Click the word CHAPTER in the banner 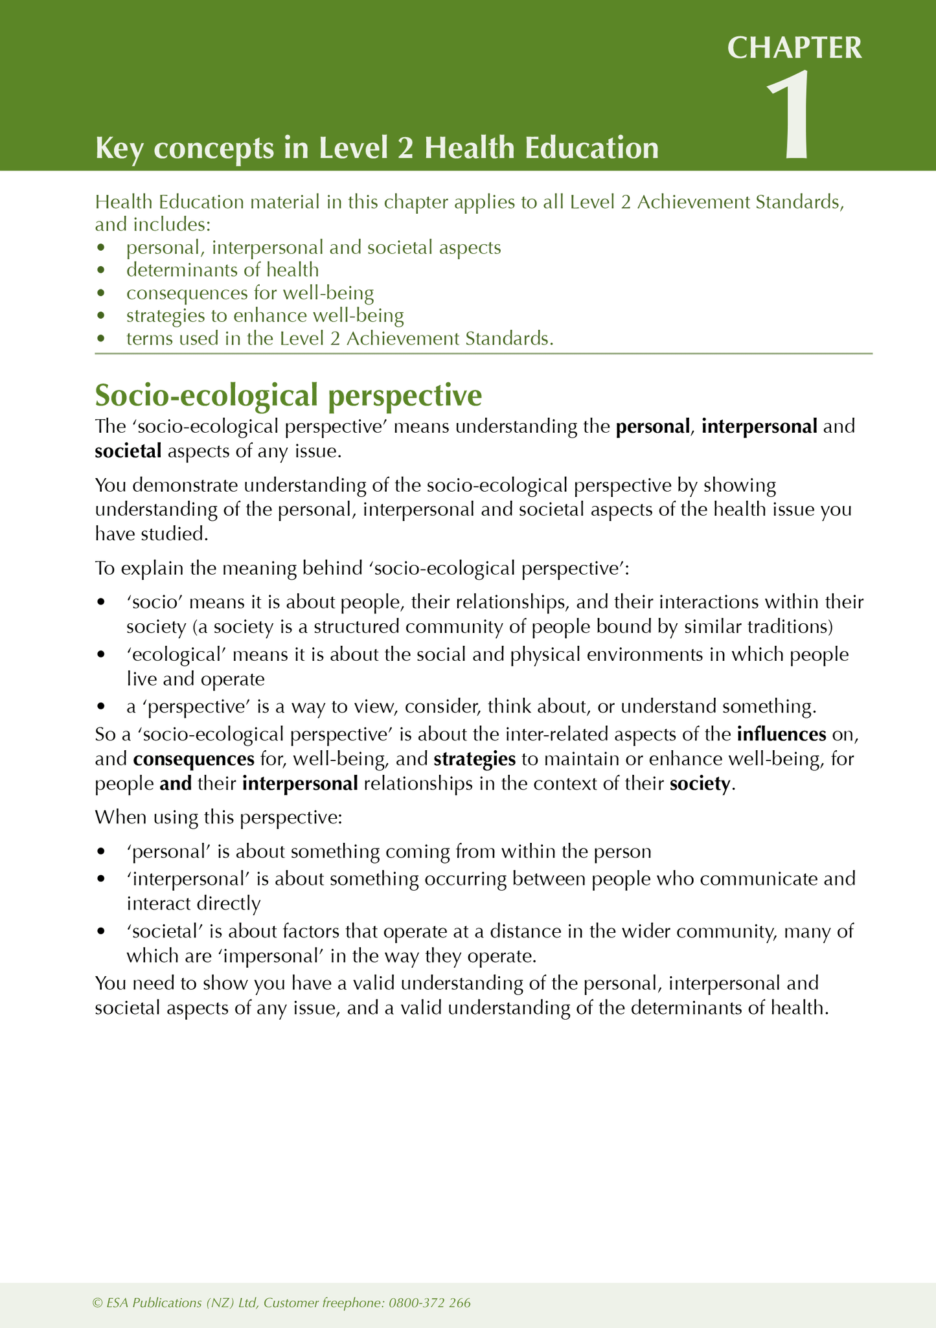[x=795, y=48]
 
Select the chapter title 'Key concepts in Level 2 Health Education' [x=376, y=148]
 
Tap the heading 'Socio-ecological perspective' [x=288, y=395]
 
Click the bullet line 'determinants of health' [x=222, y=269]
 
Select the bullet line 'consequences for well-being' [x=250, y=293]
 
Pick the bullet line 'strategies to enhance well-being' [x=265, y=315]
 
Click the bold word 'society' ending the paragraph [x=700, y=783]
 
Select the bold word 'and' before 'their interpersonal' [x=176, y=783]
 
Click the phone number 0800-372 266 [x=429, y=1303]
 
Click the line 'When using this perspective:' [x=218, y=817]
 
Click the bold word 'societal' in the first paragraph [x=128, y=451]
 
